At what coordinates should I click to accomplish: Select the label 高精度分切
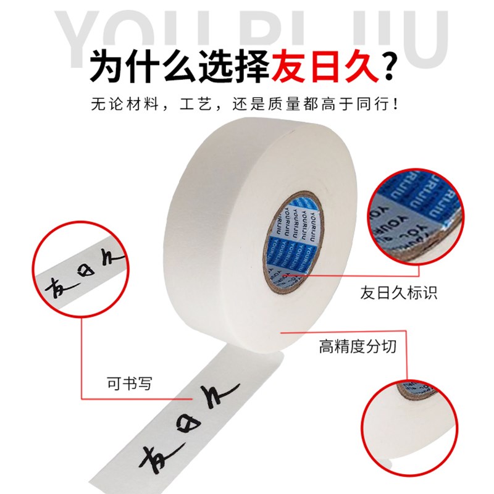(x=358, y=346)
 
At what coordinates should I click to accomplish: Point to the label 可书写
(x=128, y=383)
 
